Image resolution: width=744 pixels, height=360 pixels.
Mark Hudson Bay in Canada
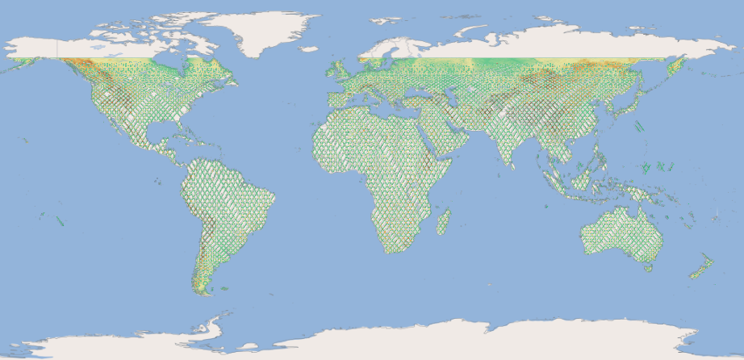(x=173, y=61)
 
